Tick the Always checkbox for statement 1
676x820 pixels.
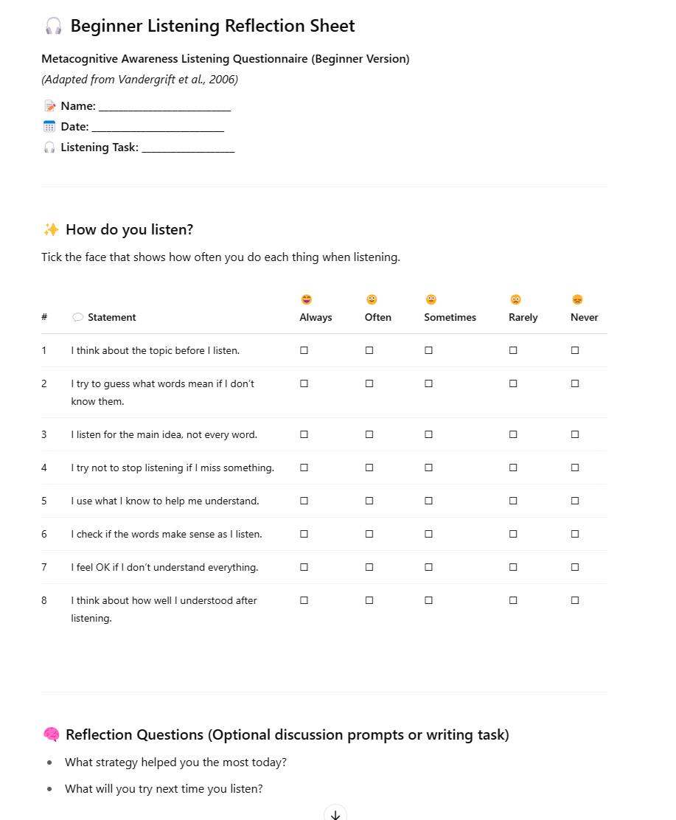click(304, 350)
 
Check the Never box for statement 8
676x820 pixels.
click(575, 600)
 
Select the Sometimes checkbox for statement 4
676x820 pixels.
click(428, 468)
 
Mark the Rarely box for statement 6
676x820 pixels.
click(513, 534)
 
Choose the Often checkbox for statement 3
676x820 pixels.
click(369, 434)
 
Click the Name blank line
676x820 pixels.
click(164, 107)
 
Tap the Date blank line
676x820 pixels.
click(158, 128)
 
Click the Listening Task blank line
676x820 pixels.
click(188, 148)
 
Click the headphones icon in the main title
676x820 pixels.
click(53, 27)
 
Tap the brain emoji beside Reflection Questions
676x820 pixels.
click(51, 734)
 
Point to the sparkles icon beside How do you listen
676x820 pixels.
click(51, 229)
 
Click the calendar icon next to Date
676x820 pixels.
click(49, 127)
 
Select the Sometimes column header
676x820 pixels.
click(450, 317)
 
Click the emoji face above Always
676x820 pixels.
click(307, 299)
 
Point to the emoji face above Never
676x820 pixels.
click(577, 299)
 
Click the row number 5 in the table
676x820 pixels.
click(44, 501)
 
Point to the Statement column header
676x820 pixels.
click(111, 317)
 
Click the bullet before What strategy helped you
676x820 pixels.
click(49, 762)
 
